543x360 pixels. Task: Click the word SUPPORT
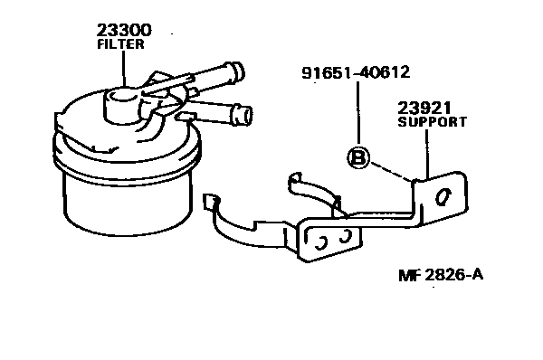pyautogui.click(x=432, y=120)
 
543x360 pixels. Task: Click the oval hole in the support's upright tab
pyautogui.click(x=443, y=197)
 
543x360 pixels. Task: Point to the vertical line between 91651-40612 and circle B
pyautogui.click(x=358, y=113)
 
